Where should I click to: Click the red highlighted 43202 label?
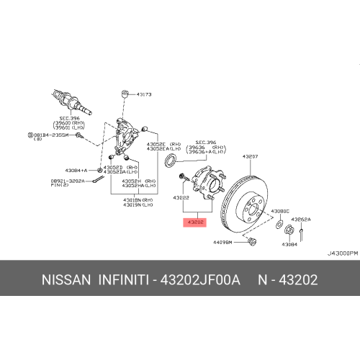pyautogui.click(x=195, y=222)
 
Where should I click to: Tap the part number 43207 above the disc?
pyautogui.click(x=250, y=156)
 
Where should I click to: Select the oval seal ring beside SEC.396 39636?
pyautogui.click(x=171, y=160)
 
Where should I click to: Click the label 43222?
pyautogui.click(x=181, y=197)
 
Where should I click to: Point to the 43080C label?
pyautogui.click(x=281, y=211)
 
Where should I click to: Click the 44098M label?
pyautogui.click(x=222, y=243)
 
